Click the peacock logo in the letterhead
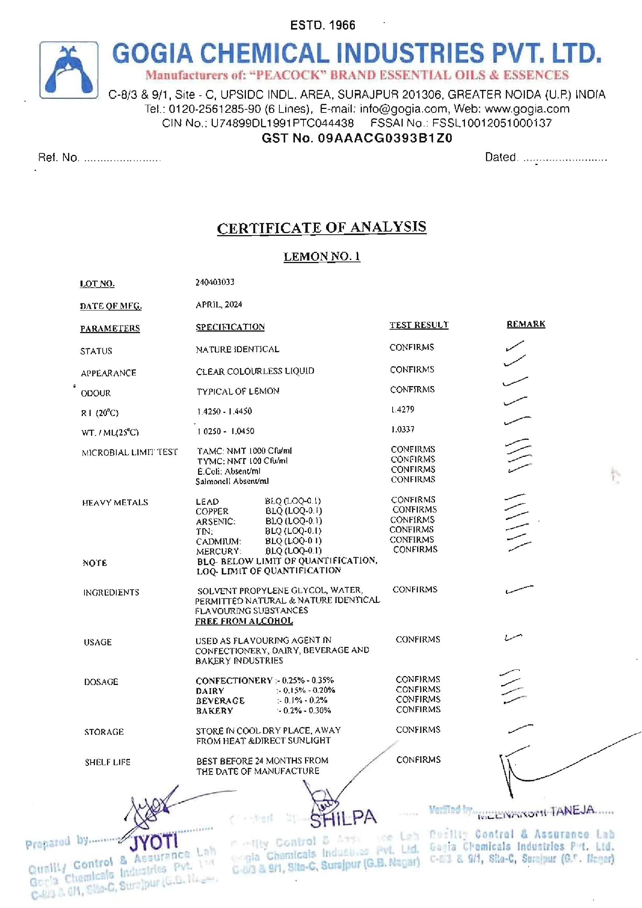[x=69, y=70]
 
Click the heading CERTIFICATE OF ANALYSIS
[x=321, y=228]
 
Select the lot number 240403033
[x=215, y=282]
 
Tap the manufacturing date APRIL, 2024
[x=219, y=304]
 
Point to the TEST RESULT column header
[x=419, y=325]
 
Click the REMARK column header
[x=526, y=324]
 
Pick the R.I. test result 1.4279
[x=403, y=409]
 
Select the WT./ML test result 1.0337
[x=403, y=430]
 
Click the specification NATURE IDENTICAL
[x=238, y=350]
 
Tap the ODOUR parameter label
[x=96, y=393]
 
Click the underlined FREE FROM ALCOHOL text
[x=244, y=621]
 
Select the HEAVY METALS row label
[x=115, y=502]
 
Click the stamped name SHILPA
[x=343, y=818]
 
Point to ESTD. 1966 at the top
[x=323, y=25]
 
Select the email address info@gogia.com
[x=403, y=109]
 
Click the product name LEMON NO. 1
[x=322, y=256]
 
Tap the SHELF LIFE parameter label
[x=107, y=762]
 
